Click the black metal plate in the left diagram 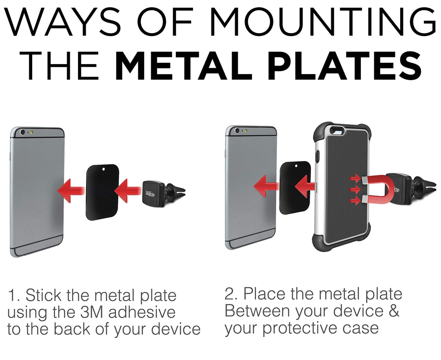pos(102,192)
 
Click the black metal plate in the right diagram pos(295,188)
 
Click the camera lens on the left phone pos(22,132)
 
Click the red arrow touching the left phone pos(71,190)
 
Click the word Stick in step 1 pos(43,296)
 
